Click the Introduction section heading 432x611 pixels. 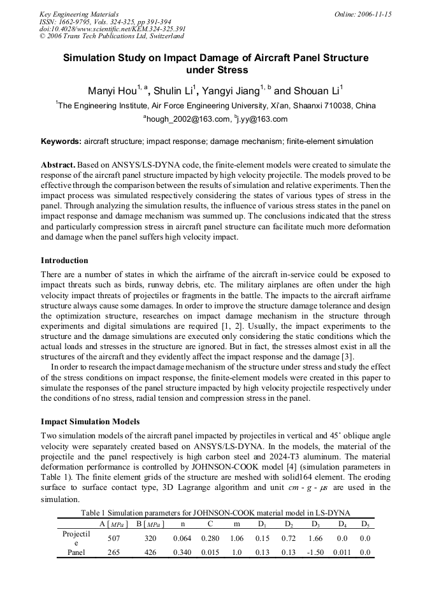pos(64,261)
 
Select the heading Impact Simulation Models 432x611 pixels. pos(90,422)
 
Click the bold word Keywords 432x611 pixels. pos(61,141)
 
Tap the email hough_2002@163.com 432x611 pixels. pos(187,119)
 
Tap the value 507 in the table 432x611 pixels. pos(114,538)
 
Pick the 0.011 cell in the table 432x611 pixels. pos(342,552)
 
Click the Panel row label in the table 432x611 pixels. pos(76,552)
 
